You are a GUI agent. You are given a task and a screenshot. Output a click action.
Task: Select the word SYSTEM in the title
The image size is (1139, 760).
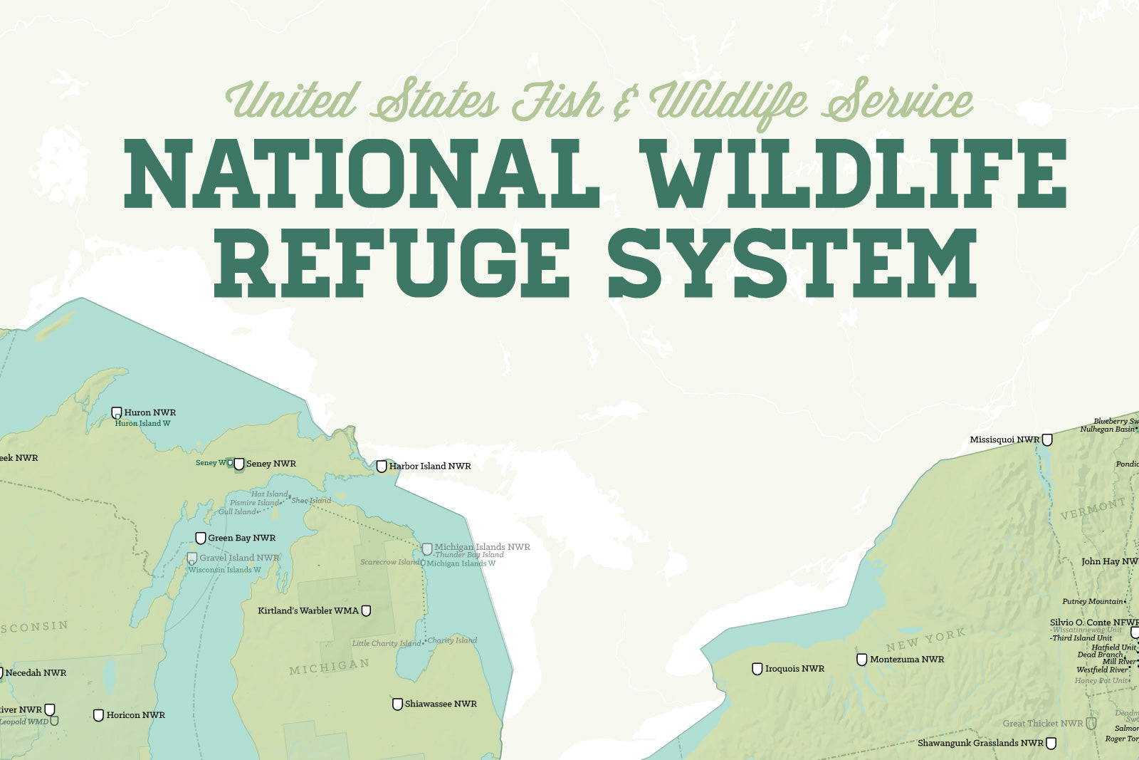click(x=793, y=263)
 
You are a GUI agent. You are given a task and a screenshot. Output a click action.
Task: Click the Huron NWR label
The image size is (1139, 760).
click(x=149, y=412)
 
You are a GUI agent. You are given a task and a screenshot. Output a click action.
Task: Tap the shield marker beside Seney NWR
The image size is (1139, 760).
click(x=239, y=464)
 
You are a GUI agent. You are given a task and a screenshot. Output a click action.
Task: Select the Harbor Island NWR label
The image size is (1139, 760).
click(x=430, y=466)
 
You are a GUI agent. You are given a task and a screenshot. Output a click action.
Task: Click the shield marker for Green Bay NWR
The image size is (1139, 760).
click(x=201, y=538)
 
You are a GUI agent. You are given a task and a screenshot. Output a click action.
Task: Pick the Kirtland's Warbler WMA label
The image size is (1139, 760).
click(x=308, y=610)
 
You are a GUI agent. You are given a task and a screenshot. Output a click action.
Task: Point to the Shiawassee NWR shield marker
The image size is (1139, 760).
click(x=397, y=704)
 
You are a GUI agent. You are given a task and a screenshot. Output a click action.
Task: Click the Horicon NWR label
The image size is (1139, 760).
click(x=135, y=715)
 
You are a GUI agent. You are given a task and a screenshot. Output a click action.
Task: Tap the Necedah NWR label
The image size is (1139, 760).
click(x=36, y=672)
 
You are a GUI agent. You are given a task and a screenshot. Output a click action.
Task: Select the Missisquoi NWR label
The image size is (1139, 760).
click(x=1004, y=439)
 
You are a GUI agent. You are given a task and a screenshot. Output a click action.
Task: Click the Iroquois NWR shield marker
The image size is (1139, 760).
click(x=757, y=669)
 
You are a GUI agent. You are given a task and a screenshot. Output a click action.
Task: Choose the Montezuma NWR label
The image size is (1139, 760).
click(x=907, y=660)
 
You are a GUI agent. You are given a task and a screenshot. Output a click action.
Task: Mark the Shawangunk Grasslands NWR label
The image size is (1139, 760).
click(x=980, y=743)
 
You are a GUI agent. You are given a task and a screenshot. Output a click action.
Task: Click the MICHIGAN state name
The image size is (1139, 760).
click(x=330, y=667)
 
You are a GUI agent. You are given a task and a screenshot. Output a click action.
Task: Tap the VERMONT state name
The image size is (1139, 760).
click(x=1093, y=509)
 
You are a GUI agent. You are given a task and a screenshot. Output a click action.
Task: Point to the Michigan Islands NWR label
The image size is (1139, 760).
click(x=482, y=547)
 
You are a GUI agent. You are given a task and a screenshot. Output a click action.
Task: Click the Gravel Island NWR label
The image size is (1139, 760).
click(x=239, y=558)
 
